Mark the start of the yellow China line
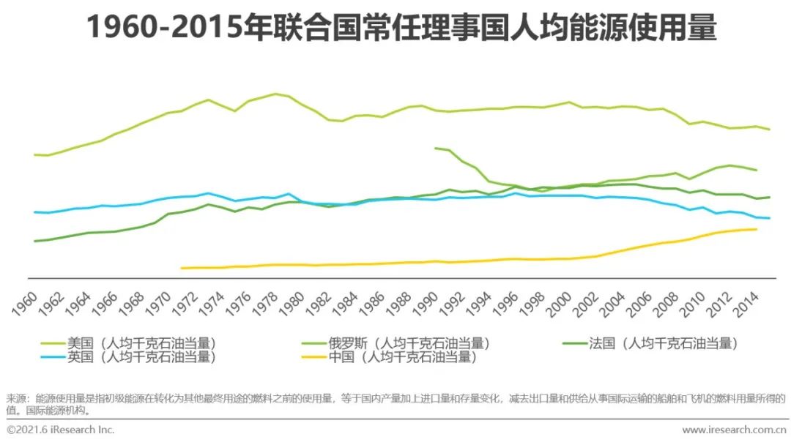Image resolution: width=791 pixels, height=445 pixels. click(x=181, y=268)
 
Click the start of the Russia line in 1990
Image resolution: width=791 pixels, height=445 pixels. click(x=435, y=149)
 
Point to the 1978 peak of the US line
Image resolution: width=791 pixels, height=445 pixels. click(x=275, y=94)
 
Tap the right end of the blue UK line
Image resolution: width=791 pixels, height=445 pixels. click(x=770, y=218)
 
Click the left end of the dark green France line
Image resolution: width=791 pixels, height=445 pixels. click(x=34, y=241)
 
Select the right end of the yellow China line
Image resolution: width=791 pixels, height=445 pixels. click(x=757, y=229)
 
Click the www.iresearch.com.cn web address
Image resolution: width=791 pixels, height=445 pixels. click(x=733, y=430)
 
